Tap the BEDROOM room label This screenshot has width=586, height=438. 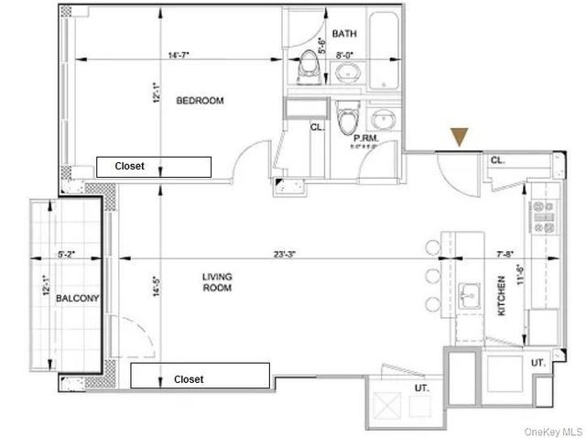click(x=200, y=100)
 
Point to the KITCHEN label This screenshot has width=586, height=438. click(x=501, y=295)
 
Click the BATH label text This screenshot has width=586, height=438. click(x=344, y=34)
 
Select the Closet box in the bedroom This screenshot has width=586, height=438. click(x=154, y=167)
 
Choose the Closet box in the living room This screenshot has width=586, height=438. click(x=200, y=378)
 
